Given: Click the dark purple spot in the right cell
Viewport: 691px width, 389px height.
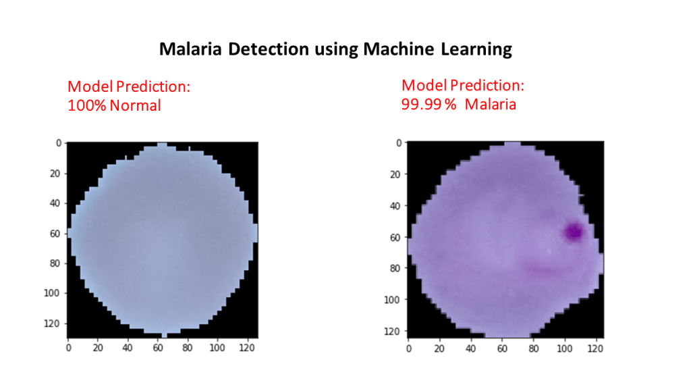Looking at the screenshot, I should (x=573, y=232).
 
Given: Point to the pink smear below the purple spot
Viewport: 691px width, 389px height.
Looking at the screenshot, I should (x=543, y=269).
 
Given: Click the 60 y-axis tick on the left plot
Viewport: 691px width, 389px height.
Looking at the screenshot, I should (x=55, y=233).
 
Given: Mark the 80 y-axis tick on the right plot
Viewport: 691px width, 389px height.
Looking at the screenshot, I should (x=395, y=268).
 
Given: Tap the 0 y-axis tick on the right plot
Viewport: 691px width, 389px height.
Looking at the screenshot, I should (x=398, y=143).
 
